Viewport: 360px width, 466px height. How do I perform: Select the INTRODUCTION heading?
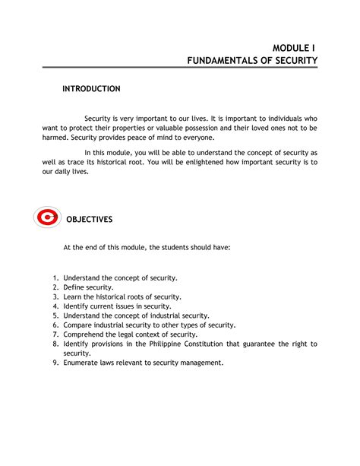pos(91,89)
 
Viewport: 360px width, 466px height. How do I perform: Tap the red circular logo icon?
pos(47,219)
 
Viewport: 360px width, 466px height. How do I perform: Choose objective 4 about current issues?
pos(117,306)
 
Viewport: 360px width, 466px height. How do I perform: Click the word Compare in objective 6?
pos(80,325)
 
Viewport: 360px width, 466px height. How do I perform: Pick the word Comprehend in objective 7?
pos(87,334)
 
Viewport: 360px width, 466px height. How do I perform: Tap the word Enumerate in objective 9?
pos(84,363)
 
